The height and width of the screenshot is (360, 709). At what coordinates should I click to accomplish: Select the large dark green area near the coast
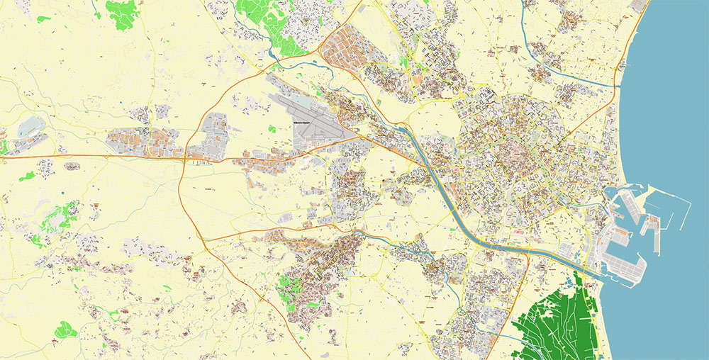tap(560, 319)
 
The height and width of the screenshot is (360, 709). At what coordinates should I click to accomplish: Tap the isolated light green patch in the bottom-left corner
tap(65, 329)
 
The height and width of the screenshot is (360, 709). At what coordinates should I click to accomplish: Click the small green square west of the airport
tap(272, 129)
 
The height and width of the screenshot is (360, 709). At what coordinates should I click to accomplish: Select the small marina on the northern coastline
tap(624, 64)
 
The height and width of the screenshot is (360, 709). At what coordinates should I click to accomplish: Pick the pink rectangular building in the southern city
tap(518, 232)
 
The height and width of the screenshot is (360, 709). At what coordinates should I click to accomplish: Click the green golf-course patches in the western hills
tap(60, 216)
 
